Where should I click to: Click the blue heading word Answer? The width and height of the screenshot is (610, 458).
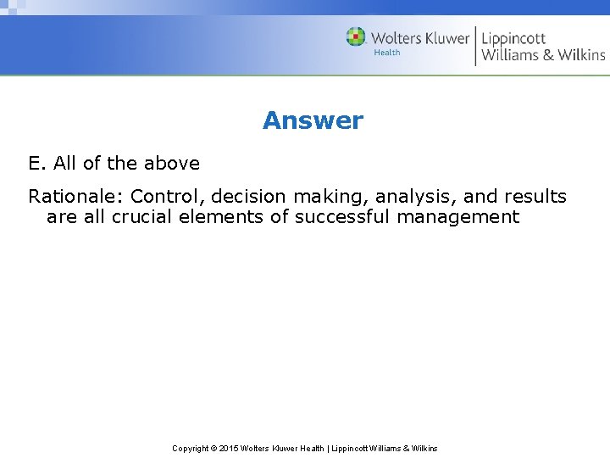pos(313,120)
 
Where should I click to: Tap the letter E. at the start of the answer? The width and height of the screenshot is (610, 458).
pos(37,163)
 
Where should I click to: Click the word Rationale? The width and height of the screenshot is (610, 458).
pos(75,197)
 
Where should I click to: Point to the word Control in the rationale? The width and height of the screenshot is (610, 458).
pos(165,197)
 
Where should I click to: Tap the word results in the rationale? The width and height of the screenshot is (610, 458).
pos(535,197)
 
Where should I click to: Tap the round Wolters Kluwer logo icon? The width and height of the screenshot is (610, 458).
pos(356,37)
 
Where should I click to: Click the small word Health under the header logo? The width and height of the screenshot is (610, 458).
pos(386,53)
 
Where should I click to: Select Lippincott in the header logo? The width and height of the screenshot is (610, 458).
pos(513,38)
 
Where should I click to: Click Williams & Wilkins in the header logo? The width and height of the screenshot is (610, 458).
pos(543,55)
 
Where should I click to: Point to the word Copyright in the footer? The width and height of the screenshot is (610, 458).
pos(191,448)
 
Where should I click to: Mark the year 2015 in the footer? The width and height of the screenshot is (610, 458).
pos(229,448)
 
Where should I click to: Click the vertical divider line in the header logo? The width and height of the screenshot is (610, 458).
pos(475,46)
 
